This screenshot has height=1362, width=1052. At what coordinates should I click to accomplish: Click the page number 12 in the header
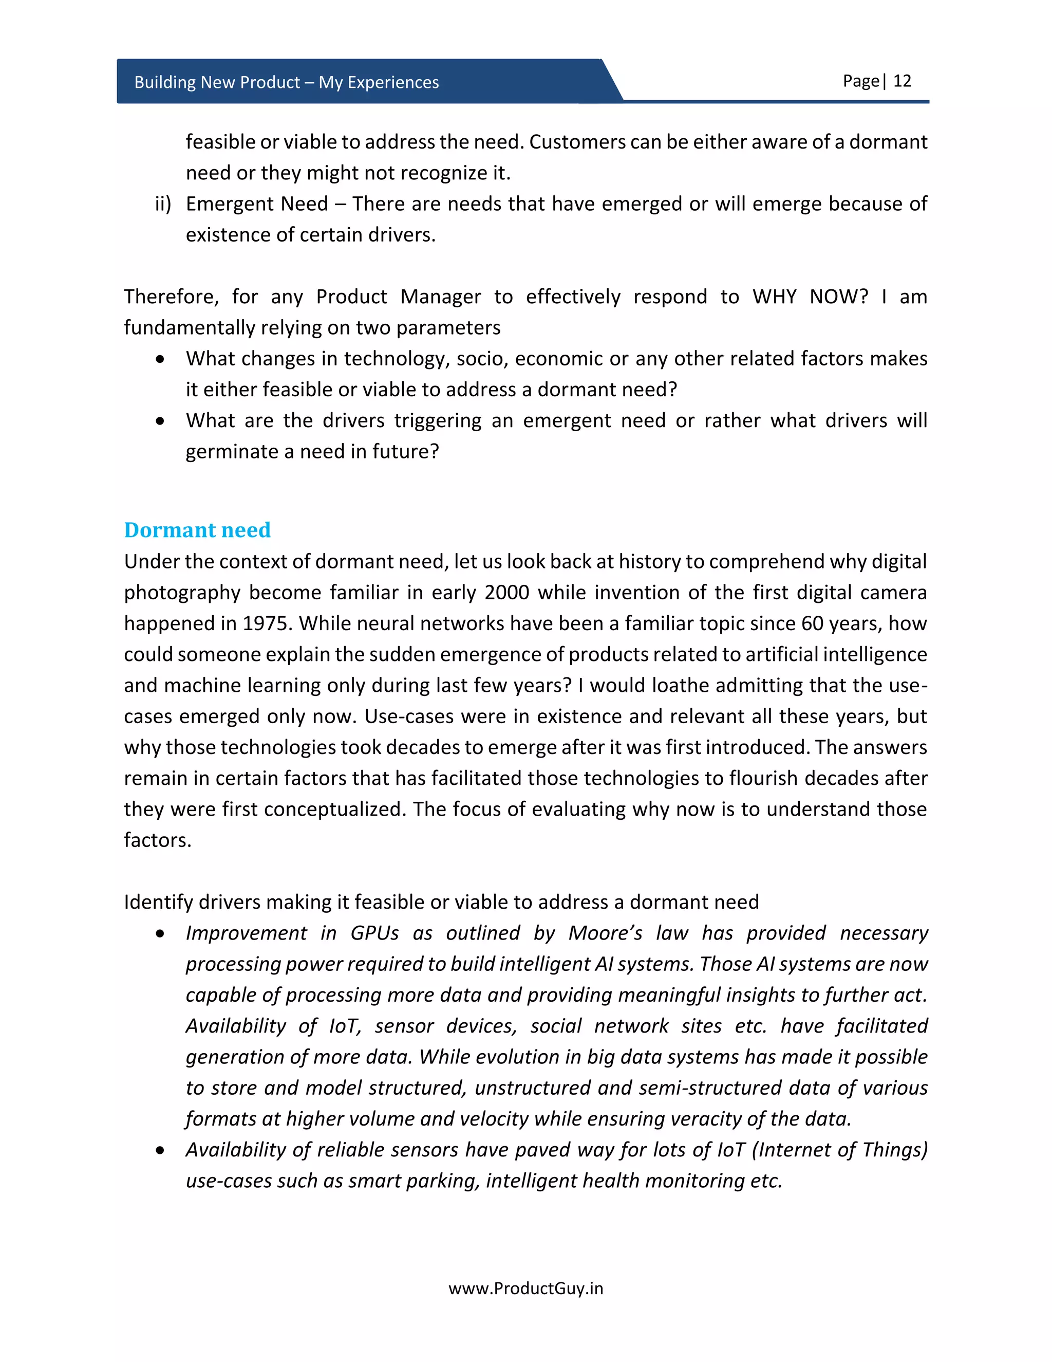902,81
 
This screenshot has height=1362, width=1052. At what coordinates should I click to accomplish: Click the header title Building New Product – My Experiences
286,82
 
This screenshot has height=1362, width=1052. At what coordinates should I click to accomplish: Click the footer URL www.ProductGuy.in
525,1289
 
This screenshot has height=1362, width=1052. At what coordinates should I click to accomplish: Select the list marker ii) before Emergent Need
163,204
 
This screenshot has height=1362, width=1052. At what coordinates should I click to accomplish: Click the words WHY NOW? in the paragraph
810,296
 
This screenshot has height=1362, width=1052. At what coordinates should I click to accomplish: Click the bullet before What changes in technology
161,359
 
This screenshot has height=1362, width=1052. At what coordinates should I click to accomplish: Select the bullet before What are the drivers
161,421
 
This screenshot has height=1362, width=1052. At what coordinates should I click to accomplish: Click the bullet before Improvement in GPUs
161,933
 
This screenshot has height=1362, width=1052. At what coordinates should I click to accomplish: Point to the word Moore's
605,933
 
